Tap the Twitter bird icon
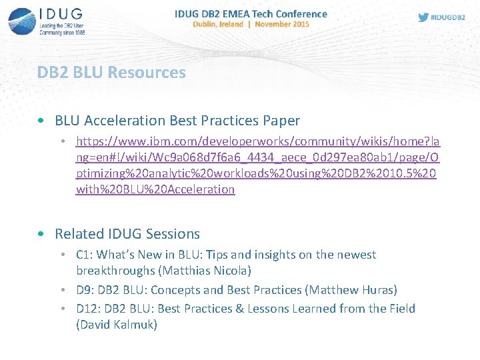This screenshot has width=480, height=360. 423,17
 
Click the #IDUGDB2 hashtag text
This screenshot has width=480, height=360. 448,17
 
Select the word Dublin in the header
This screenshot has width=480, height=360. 206,24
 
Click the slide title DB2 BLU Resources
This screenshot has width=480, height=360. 111,72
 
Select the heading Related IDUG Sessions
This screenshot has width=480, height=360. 127,234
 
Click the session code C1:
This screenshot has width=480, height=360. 84,255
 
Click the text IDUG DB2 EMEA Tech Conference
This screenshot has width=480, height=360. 251,13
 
